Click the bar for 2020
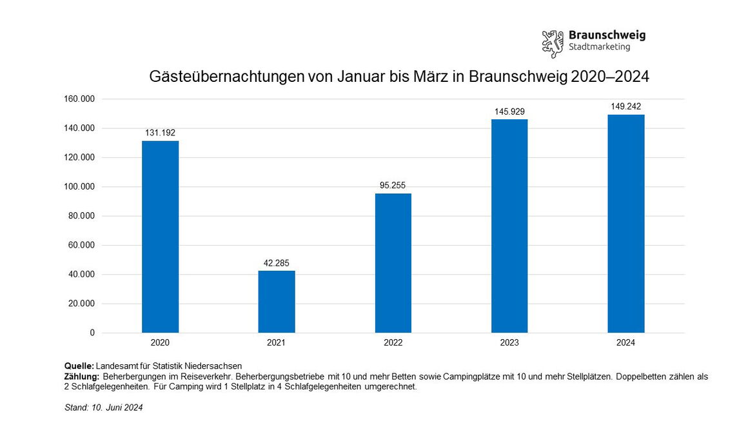(160, 237)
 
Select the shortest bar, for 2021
(277, 302)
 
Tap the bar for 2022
(393, 263)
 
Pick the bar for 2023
(509, 226)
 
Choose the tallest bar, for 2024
(625, 224)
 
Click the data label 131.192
(160, 133)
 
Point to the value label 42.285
(277, 263)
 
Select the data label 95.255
(393, 186)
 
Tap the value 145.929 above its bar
(509, 112)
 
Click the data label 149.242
(625, 107)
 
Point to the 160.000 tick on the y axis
(80, 99)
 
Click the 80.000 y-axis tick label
(82, 216)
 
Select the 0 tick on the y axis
(92, 333)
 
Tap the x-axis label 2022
(393, 343)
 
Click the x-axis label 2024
(625, 343)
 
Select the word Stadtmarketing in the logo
(599, 47)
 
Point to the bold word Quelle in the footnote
(79, 366)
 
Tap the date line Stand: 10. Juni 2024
(104, 407)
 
